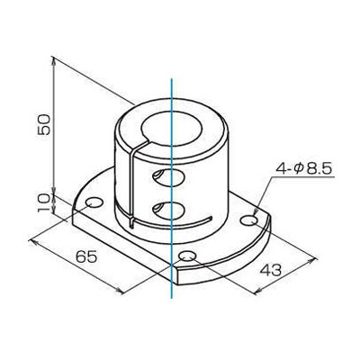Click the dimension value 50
click(x=43, y=124)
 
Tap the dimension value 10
click(x=44, y=203)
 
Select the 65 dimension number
click(x=86, y=257)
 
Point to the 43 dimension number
click(x=270, y=270)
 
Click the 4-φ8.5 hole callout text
click(x=303, y=169)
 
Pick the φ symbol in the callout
click(x=299, y=170)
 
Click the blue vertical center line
click(x=171, y=188)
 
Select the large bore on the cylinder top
click(x=172, y=128)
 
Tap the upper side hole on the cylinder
click(x=167, y=177)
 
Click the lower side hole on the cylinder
click(x=168, y=210)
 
